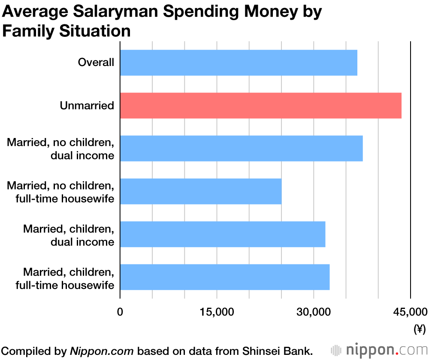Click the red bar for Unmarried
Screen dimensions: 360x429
(261, 105)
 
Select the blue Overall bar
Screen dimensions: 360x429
(239, 63)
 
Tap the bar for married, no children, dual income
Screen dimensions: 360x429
(241, 148)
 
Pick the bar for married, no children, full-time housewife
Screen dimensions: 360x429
(201, 191)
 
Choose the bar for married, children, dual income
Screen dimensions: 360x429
(223, 234)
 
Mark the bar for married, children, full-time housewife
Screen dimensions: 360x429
(225, 277)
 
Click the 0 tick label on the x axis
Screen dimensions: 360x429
(120, 312)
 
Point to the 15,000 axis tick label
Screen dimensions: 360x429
(217, 312)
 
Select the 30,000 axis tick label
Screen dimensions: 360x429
(314, 312)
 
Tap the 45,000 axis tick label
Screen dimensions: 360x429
(410, 312)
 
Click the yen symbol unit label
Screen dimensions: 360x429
(419, 329)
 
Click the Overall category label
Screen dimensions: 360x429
(96, 63)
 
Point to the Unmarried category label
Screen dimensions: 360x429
(87, 105)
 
